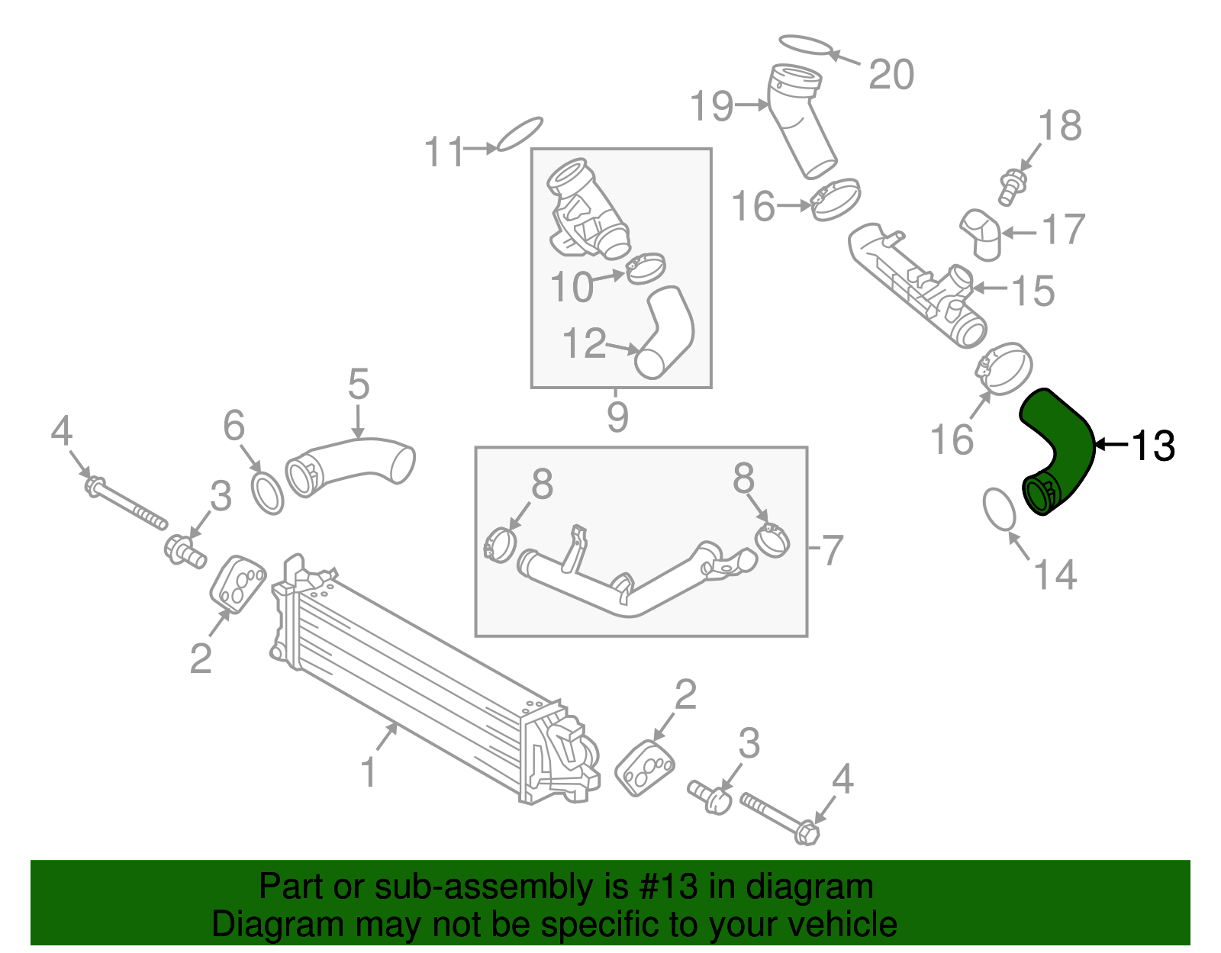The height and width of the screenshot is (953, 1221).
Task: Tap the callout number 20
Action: point(891,75)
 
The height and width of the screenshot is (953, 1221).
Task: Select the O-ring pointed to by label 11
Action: point(520,134)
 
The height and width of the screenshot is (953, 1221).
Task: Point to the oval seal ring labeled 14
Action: point(1000,509)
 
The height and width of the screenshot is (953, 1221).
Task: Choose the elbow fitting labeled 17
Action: point(983,233)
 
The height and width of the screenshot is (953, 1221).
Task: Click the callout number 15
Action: point(1033,291)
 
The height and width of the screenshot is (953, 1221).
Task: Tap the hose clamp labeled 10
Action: point(646,268)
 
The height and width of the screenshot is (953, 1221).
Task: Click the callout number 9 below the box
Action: point(617,417)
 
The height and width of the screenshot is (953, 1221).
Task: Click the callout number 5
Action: point(358,384)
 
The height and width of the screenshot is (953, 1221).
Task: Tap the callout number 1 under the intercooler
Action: point(369,771)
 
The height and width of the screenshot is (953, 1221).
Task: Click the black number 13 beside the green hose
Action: point(1152,446)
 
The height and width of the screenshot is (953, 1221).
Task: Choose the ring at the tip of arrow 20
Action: point(806,45)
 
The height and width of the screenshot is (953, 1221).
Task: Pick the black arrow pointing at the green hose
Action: point(1110,443)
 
